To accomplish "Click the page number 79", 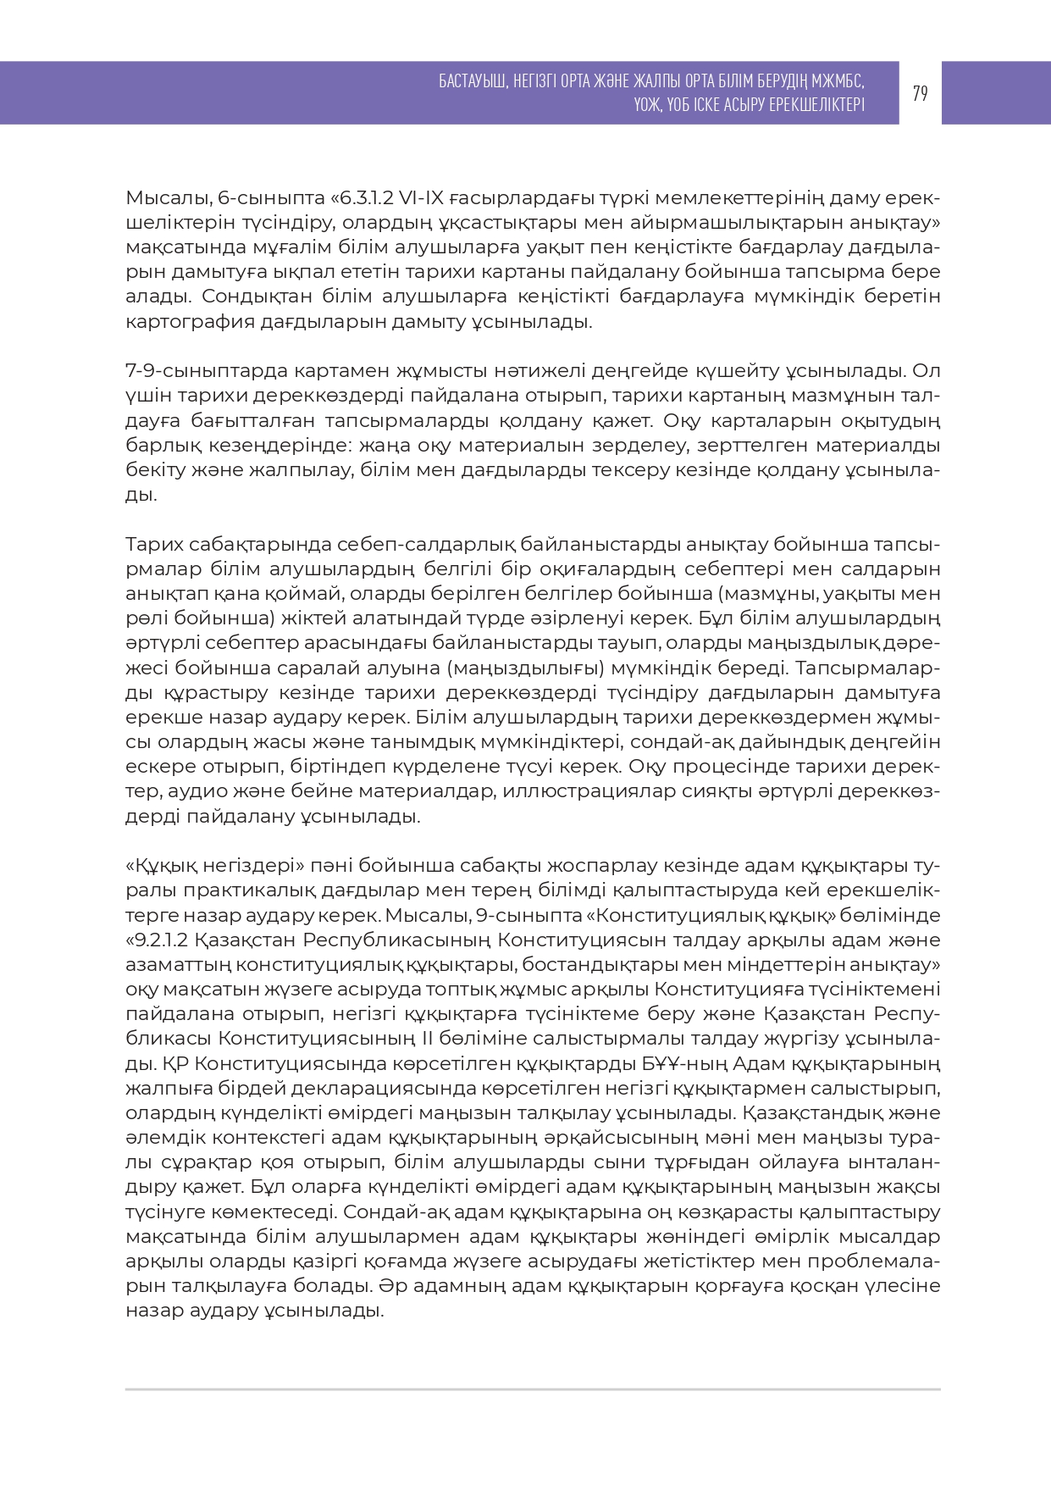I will (920, 93).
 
